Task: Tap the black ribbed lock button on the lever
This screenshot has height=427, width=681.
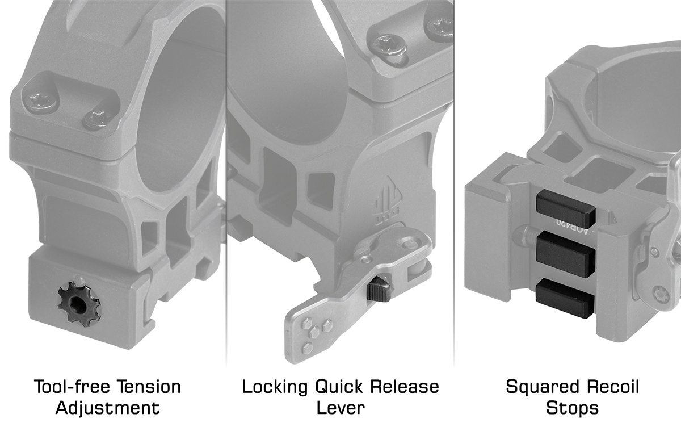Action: pyautogui.click(x=379, y=291)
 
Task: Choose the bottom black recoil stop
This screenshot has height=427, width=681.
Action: pyautogui.click(x=565, y=298)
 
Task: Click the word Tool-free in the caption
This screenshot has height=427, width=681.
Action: pyautogui.click(x=72, y=387)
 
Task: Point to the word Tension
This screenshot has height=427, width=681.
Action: pyautogui.click(x=149, y=387)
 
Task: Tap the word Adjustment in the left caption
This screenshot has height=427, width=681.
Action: pyautogui.click(x=108, y=408)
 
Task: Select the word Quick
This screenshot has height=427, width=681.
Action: pyautogui.click(x=339, y=387)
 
